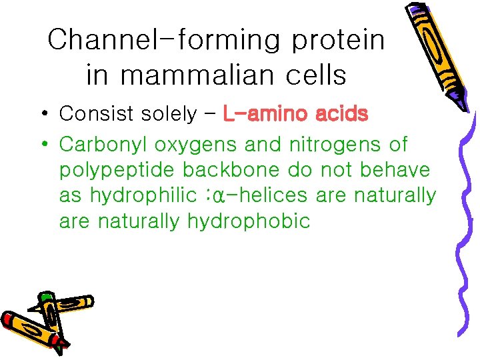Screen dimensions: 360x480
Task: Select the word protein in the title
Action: coord(338,41)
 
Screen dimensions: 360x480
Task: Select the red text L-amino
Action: coord(265,114)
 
